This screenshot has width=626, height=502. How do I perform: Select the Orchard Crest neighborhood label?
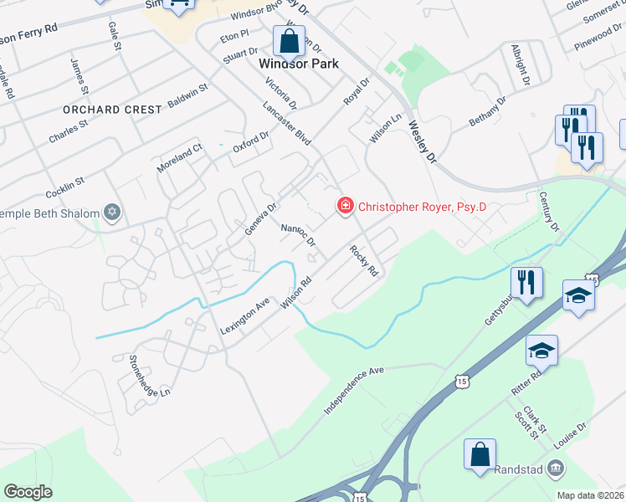[x=112, y=110]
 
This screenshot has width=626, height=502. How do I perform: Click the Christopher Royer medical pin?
[x=343, y=205]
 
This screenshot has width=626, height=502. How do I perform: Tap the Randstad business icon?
[x=554, y=469]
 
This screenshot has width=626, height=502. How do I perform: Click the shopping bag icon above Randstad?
[x=480, y=455]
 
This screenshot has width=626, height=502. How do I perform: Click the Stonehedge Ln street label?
[x=150, y=376]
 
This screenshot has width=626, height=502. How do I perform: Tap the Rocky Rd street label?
[x=364, y=260]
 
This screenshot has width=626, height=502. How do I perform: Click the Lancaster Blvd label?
[x=286, y=123]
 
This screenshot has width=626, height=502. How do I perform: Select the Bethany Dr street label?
[x=488, y=111]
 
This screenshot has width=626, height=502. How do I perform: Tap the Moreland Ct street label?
[x=180, y=159]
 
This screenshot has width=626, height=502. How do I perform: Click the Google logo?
[x=28, y=492]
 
